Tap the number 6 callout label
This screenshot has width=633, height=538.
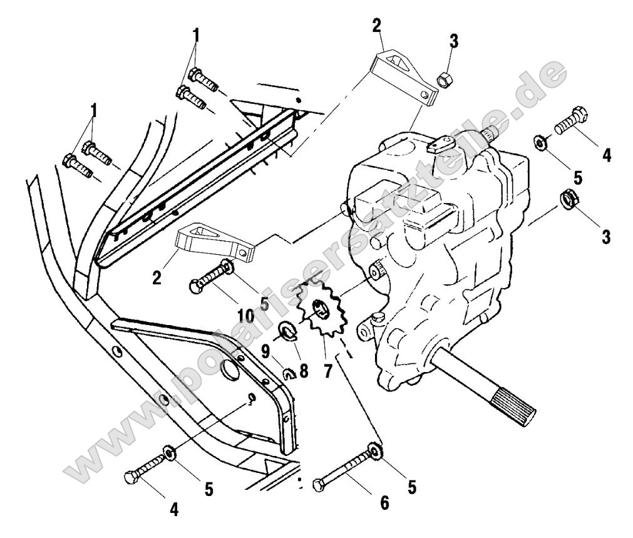[x=384, y=502]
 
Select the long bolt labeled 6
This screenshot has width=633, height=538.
[x=344, y=469]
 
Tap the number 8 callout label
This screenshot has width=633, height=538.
[x=304, y=370]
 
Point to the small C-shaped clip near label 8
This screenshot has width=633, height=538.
[x=289, y=375]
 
